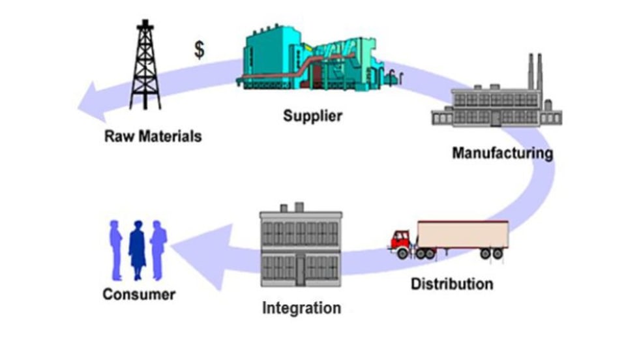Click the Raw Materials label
coord(153,137)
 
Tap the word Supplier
coord(312,117)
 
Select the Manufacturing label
coord(502,154)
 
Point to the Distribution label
coord(452,284)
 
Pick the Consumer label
coord(139,294)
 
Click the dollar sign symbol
coord(199,50)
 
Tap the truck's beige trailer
coord(463,235)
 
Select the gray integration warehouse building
coord(301,251)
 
